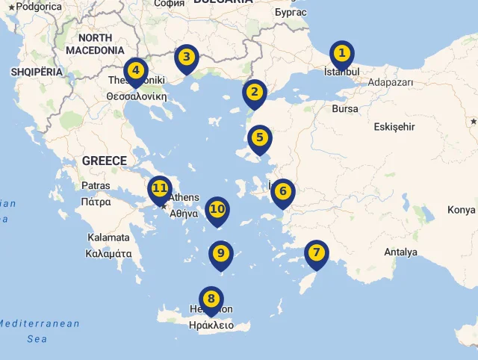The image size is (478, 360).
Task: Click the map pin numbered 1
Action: [x=341, y=54]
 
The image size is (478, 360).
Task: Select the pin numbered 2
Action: [x=255, y=93]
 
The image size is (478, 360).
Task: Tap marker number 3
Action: [x=186, y=58]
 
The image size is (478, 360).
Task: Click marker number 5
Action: [x=259, y=138]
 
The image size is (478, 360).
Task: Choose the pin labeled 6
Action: [x=282, y=191]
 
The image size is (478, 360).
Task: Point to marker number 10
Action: [x=217, y=209]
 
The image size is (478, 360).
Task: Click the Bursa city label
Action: [x=345, y=109]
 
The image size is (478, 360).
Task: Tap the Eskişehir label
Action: [x=394, y=127]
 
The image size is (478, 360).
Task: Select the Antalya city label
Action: [x=401, y=252]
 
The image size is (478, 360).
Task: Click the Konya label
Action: [x=461, y=210]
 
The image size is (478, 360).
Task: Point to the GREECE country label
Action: [x=104, y=161]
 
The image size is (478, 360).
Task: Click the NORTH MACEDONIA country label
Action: [x=95, y=44]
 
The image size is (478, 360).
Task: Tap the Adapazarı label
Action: [x=391, y=83]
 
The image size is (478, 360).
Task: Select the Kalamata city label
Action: [x=108, y=238]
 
